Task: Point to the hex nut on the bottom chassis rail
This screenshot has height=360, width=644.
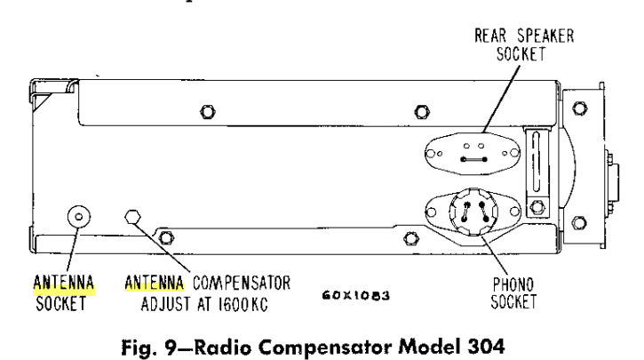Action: pos(410,237)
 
